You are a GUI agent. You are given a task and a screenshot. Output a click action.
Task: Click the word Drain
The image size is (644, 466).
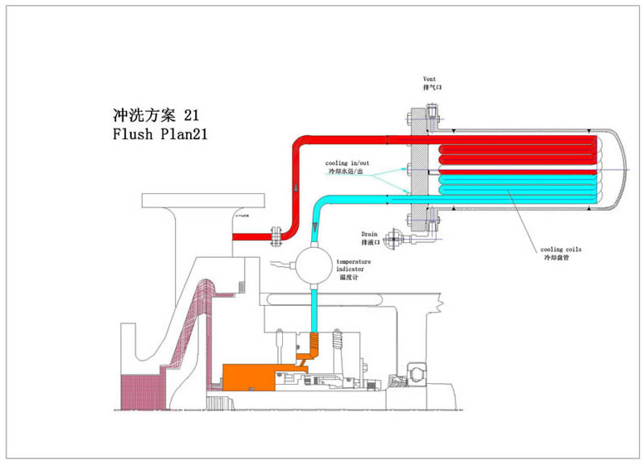[x=370, y=234]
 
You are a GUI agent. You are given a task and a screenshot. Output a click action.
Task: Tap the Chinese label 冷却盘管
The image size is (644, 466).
[x=554, y=257]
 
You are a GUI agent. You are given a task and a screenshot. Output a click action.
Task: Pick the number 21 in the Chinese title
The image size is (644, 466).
[x=191, y=114]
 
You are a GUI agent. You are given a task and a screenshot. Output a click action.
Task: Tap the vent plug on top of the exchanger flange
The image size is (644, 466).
[x=432, y=109]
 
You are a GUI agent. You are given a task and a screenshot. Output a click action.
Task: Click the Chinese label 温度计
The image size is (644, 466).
[x=349, y=279]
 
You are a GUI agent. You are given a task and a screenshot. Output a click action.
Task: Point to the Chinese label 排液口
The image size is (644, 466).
[x=370, y=243]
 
